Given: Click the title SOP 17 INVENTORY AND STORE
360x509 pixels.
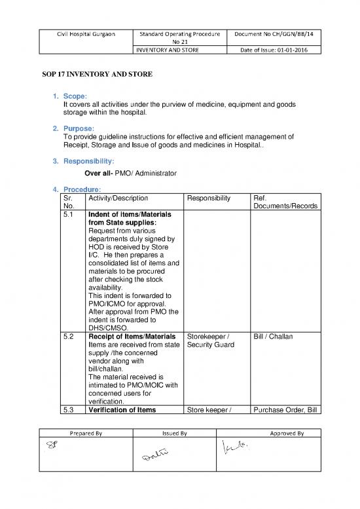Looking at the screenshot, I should (x=94, y=75).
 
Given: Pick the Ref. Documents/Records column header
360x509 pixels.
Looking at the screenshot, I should (x=285, y=201).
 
